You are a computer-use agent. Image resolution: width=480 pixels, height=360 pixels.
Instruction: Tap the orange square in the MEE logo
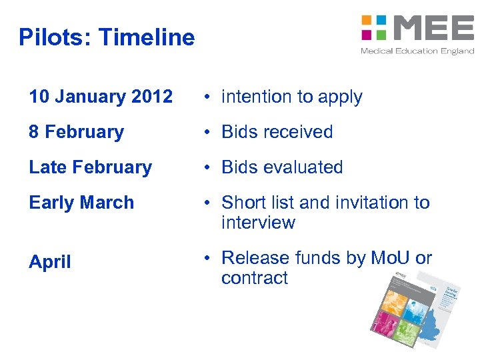point(366,19)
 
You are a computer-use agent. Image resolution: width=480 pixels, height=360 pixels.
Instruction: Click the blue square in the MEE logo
point(381,19)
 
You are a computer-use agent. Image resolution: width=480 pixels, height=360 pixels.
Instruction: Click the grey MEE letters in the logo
point(433,27)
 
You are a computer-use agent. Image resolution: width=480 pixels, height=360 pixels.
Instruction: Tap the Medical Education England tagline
point(417,51)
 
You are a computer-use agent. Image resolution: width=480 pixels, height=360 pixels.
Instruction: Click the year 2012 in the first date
point(152,97)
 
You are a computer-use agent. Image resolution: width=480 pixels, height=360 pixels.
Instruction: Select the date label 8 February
point(76,132)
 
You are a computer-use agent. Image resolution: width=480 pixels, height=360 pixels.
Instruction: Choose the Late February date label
point(90,167)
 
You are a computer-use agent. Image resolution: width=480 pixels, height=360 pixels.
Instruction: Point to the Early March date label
point(81,203)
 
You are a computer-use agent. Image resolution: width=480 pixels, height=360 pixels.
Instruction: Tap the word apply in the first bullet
point(339,97)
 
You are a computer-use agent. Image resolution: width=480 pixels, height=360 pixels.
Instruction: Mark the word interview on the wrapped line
point(258,223)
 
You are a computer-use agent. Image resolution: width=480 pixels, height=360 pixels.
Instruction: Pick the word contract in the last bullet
point(254,278)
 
